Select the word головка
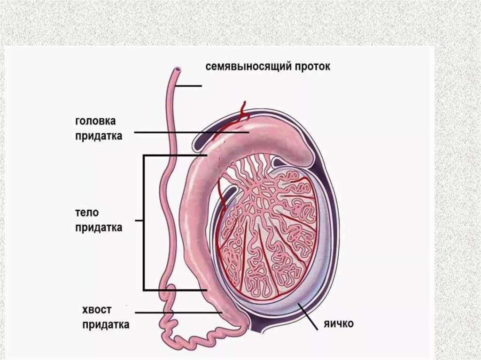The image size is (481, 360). [95, 121]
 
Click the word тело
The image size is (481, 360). [87, 212]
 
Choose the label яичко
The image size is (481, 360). [338, 323]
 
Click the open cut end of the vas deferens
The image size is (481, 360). [177, 71]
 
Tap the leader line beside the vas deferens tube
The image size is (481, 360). [190, 86]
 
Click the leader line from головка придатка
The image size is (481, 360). [188, 133]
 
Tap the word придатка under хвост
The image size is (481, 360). [106, 325]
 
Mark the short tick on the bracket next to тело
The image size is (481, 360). [139, 220]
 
